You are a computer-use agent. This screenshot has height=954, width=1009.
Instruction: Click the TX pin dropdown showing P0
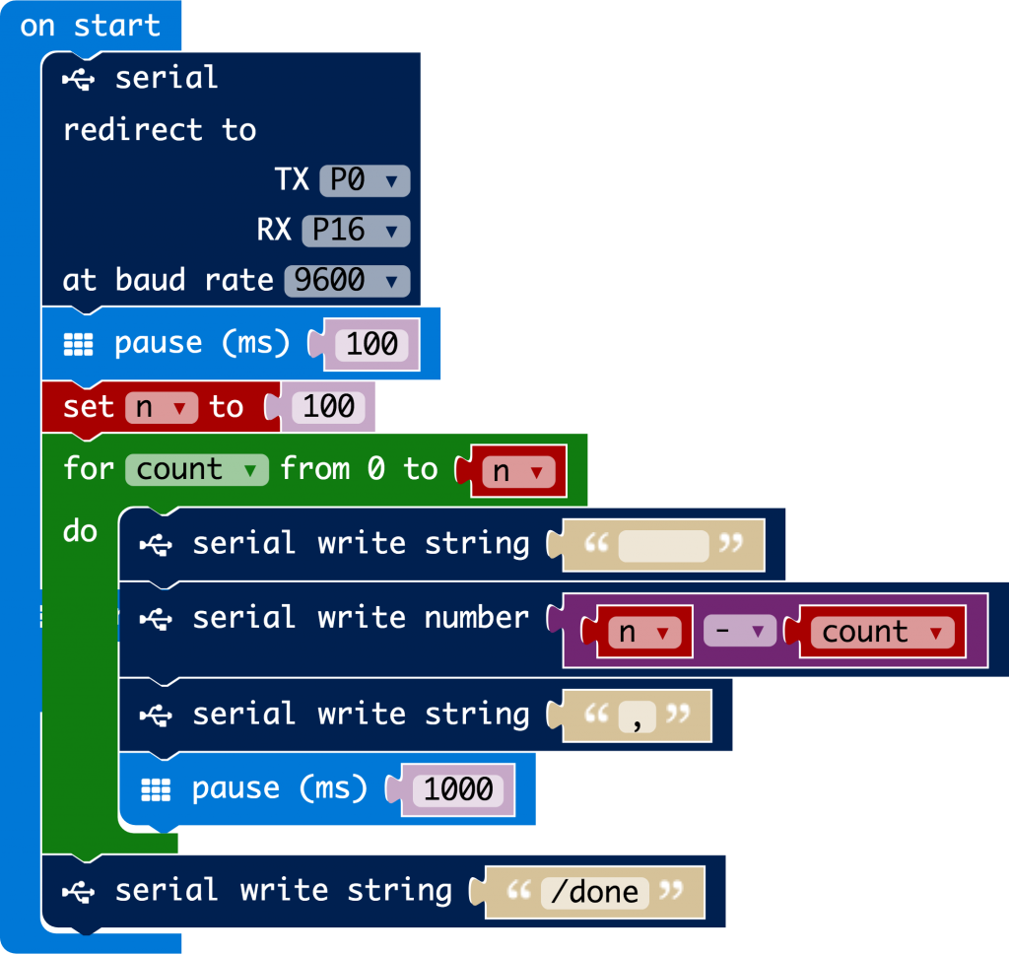[x=364, y=180]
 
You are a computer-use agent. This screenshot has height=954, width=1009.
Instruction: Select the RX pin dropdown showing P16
[x=355, y=230]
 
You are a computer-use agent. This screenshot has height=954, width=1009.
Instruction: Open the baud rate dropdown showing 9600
[x=346, y=280]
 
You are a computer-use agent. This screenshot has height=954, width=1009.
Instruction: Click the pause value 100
[x=372, y=344]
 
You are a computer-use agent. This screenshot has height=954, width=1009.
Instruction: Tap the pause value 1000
[x=458, y=789]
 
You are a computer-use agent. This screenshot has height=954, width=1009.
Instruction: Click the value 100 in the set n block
[x=329, y=407]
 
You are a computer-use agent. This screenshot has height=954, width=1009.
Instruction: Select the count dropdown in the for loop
[x=196, y=469]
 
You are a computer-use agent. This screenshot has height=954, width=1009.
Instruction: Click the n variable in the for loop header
[x=512, y=472]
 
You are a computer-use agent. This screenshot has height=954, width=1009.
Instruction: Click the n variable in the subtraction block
[x=638, y=632]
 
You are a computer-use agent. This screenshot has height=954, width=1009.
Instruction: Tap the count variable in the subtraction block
[x=881, y=632]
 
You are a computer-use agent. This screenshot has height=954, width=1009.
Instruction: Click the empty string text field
[x=662, y=545]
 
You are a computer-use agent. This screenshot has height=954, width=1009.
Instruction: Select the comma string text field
[x=638, y=716]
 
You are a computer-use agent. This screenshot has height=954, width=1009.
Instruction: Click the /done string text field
[x=595, y=892]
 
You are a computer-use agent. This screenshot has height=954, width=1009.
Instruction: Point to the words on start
[x=90, y=26]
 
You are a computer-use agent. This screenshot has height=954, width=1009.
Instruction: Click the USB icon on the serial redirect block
[x=79, y=79]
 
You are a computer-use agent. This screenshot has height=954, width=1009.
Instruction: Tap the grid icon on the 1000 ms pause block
[x=157, y=788]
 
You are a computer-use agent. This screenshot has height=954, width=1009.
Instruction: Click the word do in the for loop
[x=80, y=531]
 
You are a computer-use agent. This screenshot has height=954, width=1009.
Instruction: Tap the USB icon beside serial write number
[x=157, y=619]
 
